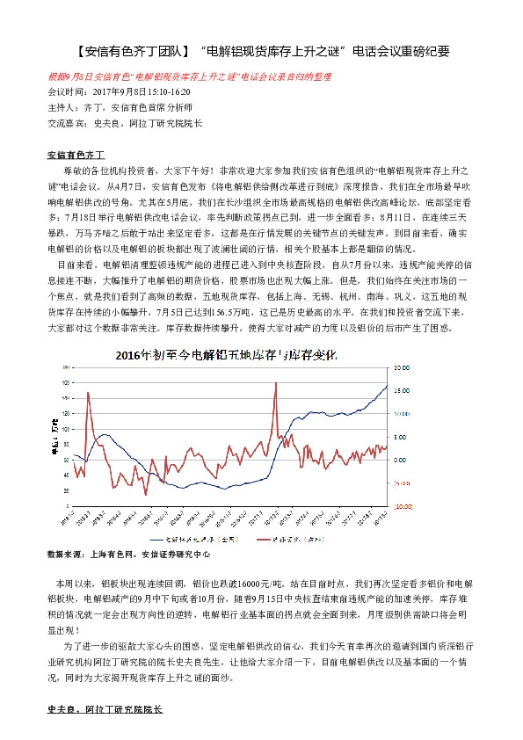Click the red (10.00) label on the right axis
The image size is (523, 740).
coord(403,506)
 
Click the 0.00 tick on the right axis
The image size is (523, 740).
coord(401,460)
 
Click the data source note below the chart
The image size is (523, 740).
coord(129,555)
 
